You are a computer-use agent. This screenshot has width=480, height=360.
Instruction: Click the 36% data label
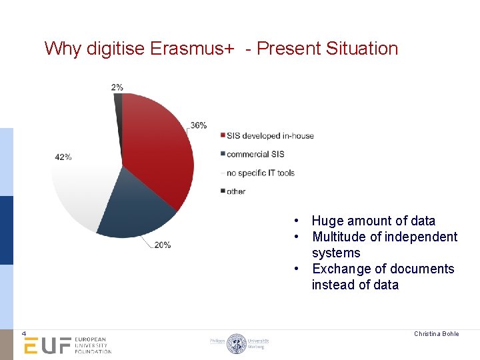[x=198, y=125]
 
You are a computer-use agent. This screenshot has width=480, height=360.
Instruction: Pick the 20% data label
[x=162, y=245]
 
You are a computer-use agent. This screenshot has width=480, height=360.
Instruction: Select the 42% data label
[x=63, y=157]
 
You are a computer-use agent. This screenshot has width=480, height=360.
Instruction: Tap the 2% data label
[x=117, y=87]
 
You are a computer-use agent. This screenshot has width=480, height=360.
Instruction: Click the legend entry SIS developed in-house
[x=269, y=136]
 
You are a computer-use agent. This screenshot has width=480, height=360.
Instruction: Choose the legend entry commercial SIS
[x=255, y=154]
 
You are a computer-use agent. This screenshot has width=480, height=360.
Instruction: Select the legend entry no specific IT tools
[x=260, y=173]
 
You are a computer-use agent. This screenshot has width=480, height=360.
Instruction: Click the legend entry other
[x=235, y=191]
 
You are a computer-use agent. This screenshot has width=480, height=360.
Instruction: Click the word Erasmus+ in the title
[x=191, y=49]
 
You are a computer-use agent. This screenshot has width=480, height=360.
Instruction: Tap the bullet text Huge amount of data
[x=373, y=221]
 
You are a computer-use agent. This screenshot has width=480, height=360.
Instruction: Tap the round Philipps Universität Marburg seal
[x=237, y=343]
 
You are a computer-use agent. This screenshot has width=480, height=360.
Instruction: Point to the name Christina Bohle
[x=436, y=333]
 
